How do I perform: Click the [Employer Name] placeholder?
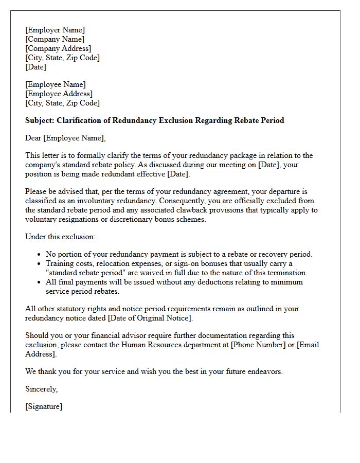coord(55,30)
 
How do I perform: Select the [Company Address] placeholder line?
coord(58,48)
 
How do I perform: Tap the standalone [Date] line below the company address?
coord(35,67)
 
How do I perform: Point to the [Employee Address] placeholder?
coord(59,94)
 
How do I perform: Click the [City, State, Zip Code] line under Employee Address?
coord(62,103)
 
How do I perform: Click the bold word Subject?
coord(41,120)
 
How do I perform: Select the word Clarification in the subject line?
coord(83,120)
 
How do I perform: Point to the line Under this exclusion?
coord(60,237)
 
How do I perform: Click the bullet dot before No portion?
coord(40,255)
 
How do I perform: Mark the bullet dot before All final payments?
coord(40,282)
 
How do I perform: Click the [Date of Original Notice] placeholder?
coord(149,318)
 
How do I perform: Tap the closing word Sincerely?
coord(41,389)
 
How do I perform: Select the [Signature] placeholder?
coord(44,406)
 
